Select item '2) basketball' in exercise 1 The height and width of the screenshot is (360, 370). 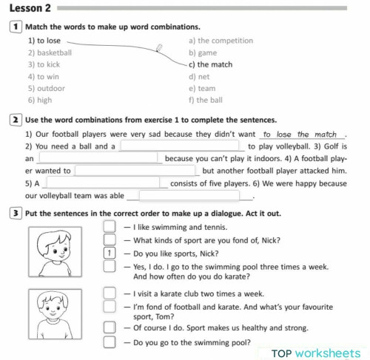50,52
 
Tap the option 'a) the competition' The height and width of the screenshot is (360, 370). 221,41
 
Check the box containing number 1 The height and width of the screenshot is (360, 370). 110,252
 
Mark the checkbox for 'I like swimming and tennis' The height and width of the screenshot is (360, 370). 110,228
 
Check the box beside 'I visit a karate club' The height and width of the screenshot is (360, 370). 110,293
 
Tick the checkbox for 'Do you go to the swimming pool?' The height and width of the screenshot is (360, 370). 110,342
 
